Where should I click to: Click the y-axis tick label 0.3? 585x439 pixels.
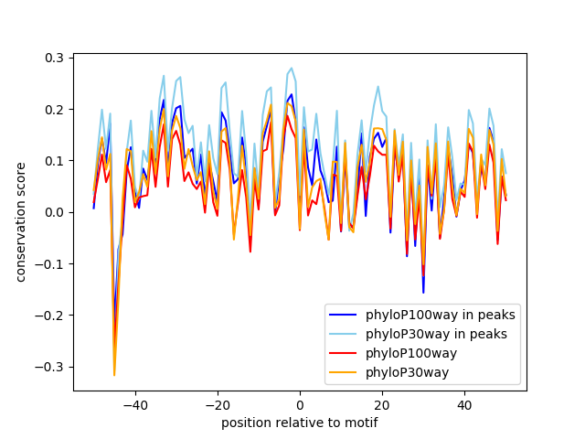(x=56, y=58)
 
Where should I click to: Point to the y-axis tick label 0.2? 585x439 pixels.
(x=56, y=109)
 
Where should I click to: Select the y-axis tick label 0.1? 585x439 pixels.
(x=56, y=161)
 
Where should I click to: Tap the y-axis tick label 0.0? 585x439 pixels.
(x=56, y=212)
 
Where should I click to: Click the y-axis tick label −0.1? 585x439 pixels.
(x=52, y=263)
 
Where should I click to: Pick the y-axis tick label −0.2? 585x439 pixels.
(x=52, y=316)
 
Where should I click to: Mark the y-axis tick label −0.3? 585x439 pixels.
(x=52, y=367)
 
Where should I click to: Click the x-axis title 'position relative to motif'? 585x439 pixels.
(x=299, y=423)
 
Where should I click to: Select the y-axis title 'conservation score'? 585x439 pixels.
(x=21, y=221)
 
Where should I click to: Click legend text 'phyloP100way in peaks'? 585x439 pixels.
(x=440, y=315)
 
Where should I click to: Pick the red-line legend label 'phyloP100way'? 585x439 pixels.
(x=411, y=352)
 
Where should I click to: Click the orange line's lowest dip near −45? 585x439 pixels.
(x=114, y=375)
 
